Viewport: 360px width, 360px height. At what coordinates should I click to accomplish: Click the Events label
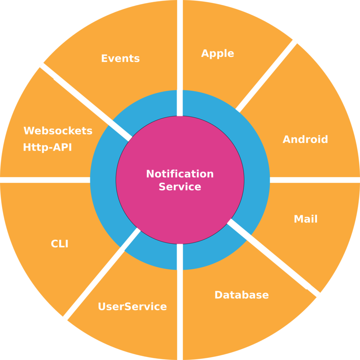[120, 58]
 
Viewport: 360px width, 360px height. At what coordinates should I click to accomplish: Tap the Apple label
[218, 53]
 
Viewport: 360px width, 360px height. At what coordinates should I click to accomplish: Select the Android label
[305, 139]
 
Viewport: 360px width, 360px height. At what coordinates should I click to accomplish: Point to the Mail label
[306, 219]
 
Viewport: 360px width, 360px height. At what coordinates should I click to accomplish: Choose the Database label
[242, 295]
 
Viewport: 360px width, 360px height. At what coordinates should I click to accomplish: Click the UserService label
[132, 307]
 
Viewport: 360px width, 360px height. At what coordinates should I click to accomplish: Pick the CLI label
[60, 243]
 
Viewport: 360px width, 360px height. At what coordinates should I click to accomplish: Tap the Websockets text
[58, 131]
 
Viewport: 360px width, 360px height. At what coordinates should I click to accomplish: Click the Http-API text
[48, 147]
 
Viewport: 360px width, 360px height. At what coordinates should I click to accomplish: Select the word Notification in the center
[180, 174]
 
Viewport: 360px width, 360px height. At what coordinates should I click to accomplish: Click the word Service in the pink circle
[180, 187]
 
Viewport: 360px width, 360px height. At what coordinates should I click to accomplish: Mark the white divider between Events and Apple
[180, 48]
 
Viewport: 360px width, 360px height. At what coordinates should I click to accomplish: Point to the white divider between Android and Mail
[316, 180]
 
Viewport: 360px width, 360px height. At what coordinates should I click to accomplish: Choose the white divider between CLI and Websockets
[44, 180]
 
